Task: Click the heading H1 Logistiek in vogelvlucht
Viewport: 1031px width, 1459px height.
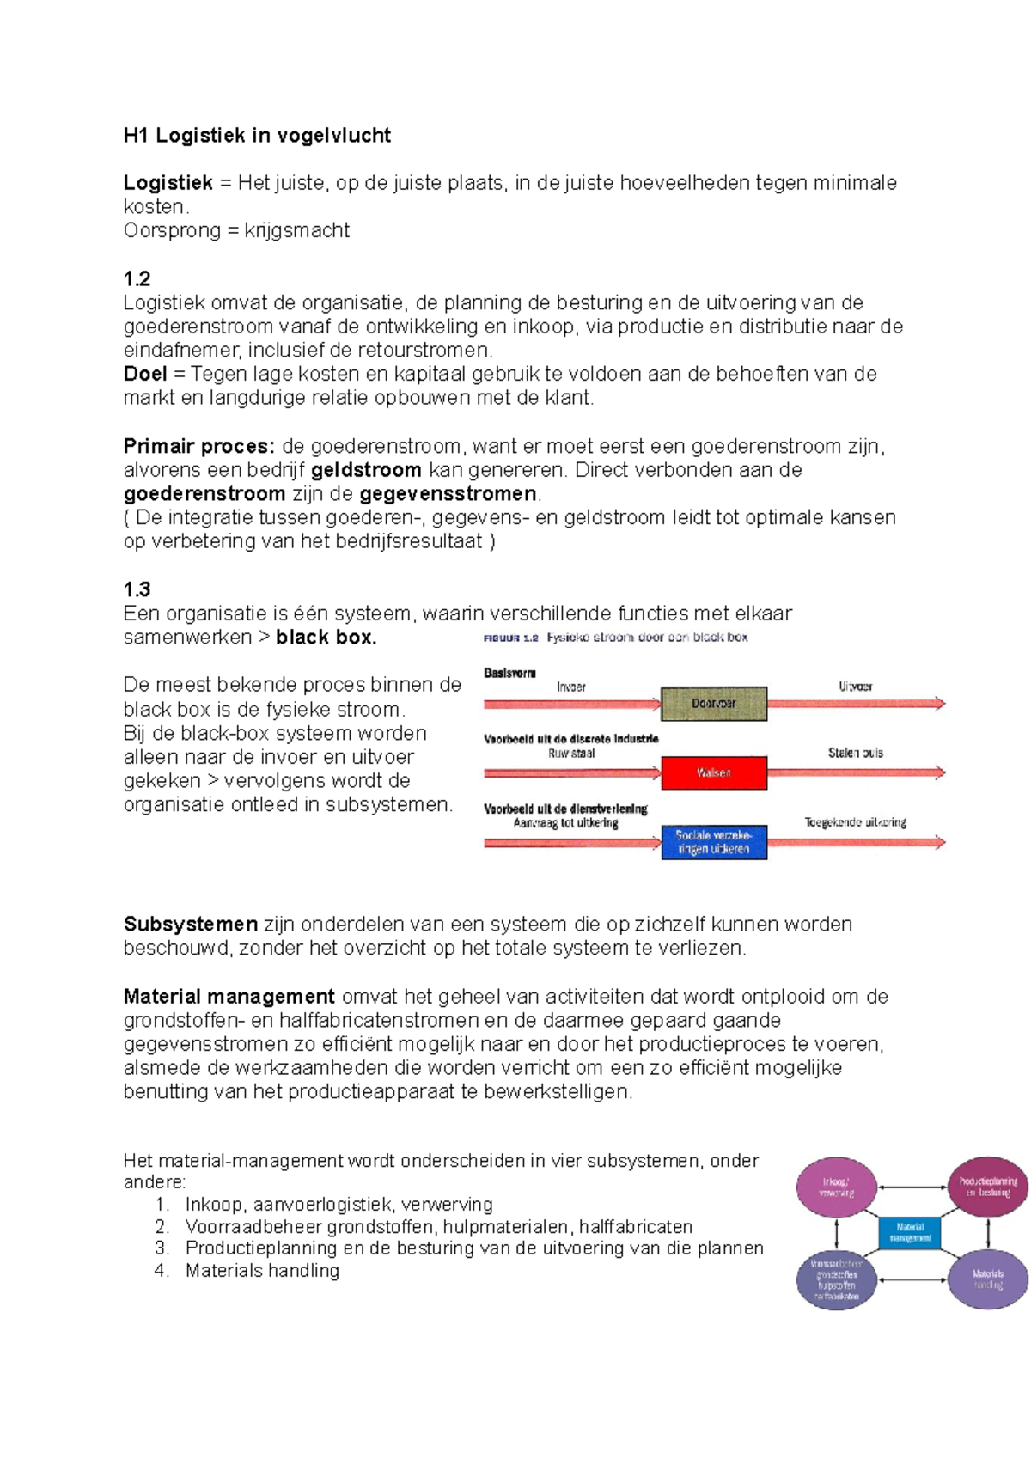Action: click(257, 136)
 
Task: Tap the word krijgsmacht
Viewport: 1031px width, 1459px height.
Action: click(296, 230)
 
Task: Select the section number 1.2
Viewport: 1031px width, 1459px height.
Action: click(137, 278)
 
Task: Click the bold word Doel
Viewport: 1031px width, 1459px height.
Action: click(145, 374)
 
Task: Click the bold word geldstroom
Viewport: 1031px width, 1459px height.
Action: click(366, 470)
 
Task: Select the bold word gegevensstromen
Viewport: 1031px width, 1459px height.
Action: click(448, 494)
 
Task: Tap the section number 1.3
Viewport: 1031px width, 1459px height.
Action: click(137, 589)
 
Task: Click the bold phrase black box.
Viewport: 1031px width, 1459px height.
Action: click(326, 638)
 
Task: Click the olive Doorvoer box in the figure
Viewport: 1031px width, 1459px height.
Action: click(713, 703)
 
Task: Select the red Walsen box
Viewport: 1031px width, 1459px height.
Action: click(713, 772)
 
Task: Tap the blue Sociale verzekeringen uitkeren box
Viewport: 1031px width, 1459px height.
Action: click(713, 842)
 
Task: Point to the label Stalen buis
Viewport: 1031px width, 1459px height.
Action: click(855, 753)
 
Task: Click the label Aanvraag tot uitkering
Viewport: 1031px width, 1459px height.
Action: click(565, 822)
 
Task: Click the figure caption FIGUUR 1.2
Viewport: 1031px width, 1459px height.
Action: click(510, 638)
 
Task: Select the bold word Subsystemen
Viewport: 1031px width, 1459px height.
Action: click(190, 925)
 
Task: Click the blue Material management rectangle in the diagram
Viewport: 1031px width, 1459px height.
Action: click(910, 1233)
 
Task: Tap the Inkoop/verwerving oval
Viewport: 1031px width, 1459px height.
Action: click(836, 1187)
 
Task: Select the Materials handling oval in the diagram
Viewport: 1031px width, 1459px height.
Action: click(987, 1279)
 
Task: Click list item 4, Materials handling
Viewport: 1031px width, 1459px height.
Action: click(262, 1271)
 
